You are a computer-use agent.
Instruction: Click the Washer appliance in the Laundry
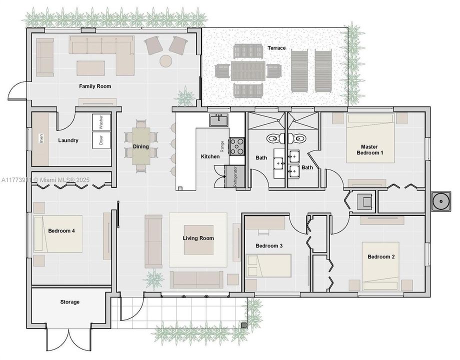[x=101, y=122]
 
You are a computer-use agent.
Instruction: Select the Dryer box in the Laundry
[x=101, y=140]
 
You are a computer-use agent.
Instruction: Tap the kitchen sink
[x=219, y=120]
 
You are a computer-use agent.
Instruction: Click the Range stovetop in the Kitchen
[x=236, y=146]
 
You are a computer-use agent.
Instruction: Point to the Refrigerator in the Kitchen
[x=234, y=176]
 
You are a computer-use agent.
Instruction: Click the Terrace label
[x=276, y=48]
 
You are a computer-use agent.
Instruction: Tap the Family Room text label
[x=95, y=86]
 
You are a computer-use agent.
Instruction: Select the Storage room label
[x=70, y=302]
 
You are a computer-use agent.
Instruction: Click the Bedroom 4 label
[x=61, y=231]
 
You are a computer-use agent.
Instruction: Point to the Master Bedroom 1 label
[x=369, y=149]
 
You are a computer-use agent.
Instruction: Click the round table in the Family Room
[x=166, y=61]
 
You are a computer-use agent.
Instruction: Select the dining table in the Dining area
[x=141, y=146]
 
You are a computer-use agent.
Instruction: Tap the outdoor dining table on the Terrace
[x=248, y=70]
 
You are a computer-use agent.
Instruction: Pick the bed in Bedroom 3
[x=268, y=266]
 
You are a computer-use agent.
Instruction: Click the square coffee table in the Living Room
[x=198, y=239]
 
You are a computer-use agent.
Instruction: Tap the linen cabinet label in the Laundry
[x=41, y=138]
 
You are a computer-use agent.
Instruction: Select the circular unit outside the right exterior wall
[x=440, y=201]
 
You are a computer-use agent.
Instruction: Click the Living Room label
[x=198, y=238]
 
